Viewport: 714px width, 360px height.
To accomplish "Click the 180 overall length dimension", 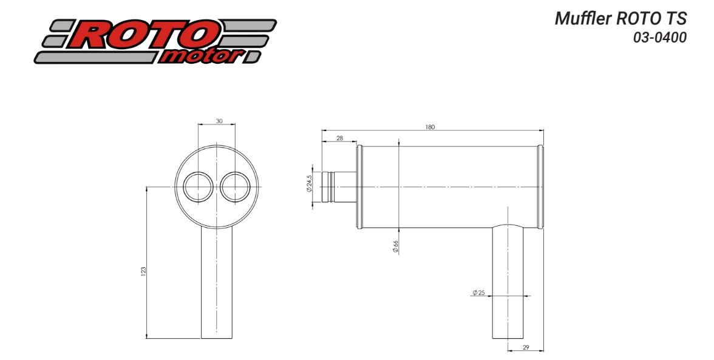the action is pyautogui.click(x=430, y=127).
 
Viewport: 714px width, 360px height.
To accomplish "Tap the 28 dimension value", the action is pyautogui.click(x=340, y=138).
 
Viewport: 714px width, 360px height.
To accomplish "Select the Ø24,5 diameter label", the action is pyautogui.click(x=309, y=183).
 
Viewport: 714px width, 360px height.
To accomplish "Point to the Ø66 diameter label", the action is pyautogui.click(x=395, y=246).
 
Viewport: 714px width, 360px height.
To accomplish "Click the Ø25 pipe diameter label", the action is pyautogui.click(x=478, y=293).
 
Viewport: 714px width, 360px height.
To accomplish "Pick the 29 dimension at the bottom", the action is pyautogui.click(x=526, y=348).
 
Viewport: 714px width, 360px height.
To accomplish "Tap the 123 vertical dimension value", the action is pyautogui.click(x=143, y=271).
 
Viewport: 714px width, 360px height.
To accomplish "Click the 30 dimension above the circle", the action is pyautogui.click(x=219, y=121).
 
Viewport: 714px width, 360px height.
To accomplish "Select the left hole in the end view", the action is pyautogui.click(x=198, y=187).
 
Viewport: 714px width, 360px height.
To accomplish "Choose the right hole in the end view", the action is pyautogui.click(x=236, y=187).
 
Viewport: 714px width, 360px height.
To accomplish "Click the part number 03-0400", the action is pyautogui.click(x=660, y=38).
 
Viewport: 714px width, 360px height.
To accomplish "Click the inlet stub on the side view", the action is pyautogui.click(x=339, y=187).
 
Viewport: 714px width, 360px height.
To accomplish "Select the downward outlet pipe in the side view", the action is pyautogui.click(x=508, y=282).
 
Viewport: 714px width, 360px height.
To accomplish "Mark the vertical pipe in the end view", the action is pyautogui.click(x=217, y=282).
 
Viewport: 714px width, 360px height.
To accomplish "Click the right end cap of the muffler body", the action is pyautogui.click(x=540, y=187).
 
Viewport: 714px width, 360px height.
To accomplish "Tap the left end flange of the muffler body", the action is pyautogui.click(x=359, y=187).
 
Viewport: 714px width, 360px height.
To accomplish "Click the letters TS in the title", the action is pyautogui.click(x=677, y=19).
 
